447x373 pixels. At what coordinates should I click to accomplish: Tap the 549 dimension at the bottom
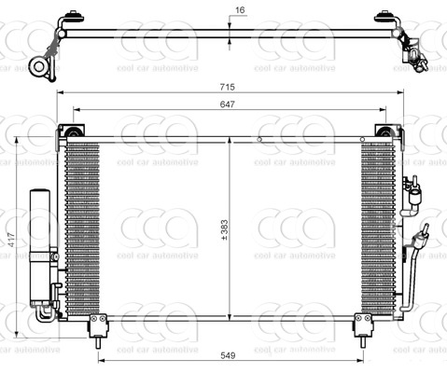228,356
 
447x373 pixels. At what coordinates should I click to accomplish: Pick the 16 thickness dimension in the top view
240,10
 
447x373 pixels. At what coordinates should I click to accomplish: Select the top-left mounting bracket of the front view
70,130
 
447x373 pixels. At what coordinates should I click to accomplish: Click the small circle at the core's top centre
259,140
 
